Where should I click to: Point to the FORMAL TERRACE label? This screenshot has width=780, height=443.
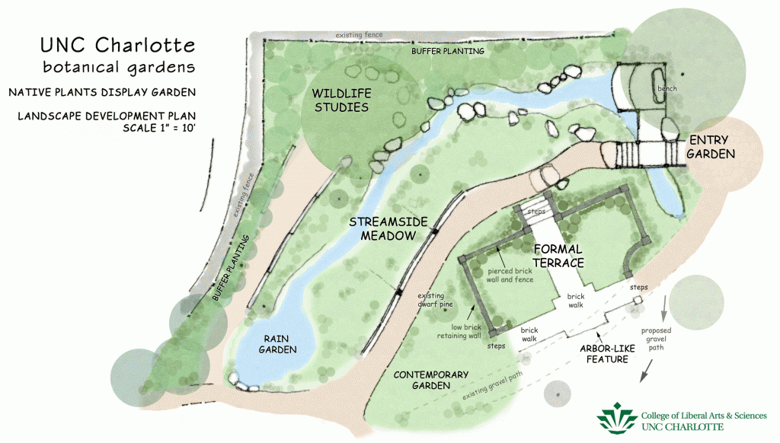558,256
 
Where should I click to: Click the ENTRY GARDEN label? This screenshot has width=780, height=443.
711,147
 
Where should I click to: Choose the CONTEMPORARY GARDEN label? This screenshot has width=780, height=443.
430,380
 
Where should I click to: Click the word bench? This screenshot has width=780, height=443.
667,88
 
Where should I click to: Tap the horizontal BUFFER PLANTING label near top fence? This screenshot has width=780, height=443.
447,51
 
